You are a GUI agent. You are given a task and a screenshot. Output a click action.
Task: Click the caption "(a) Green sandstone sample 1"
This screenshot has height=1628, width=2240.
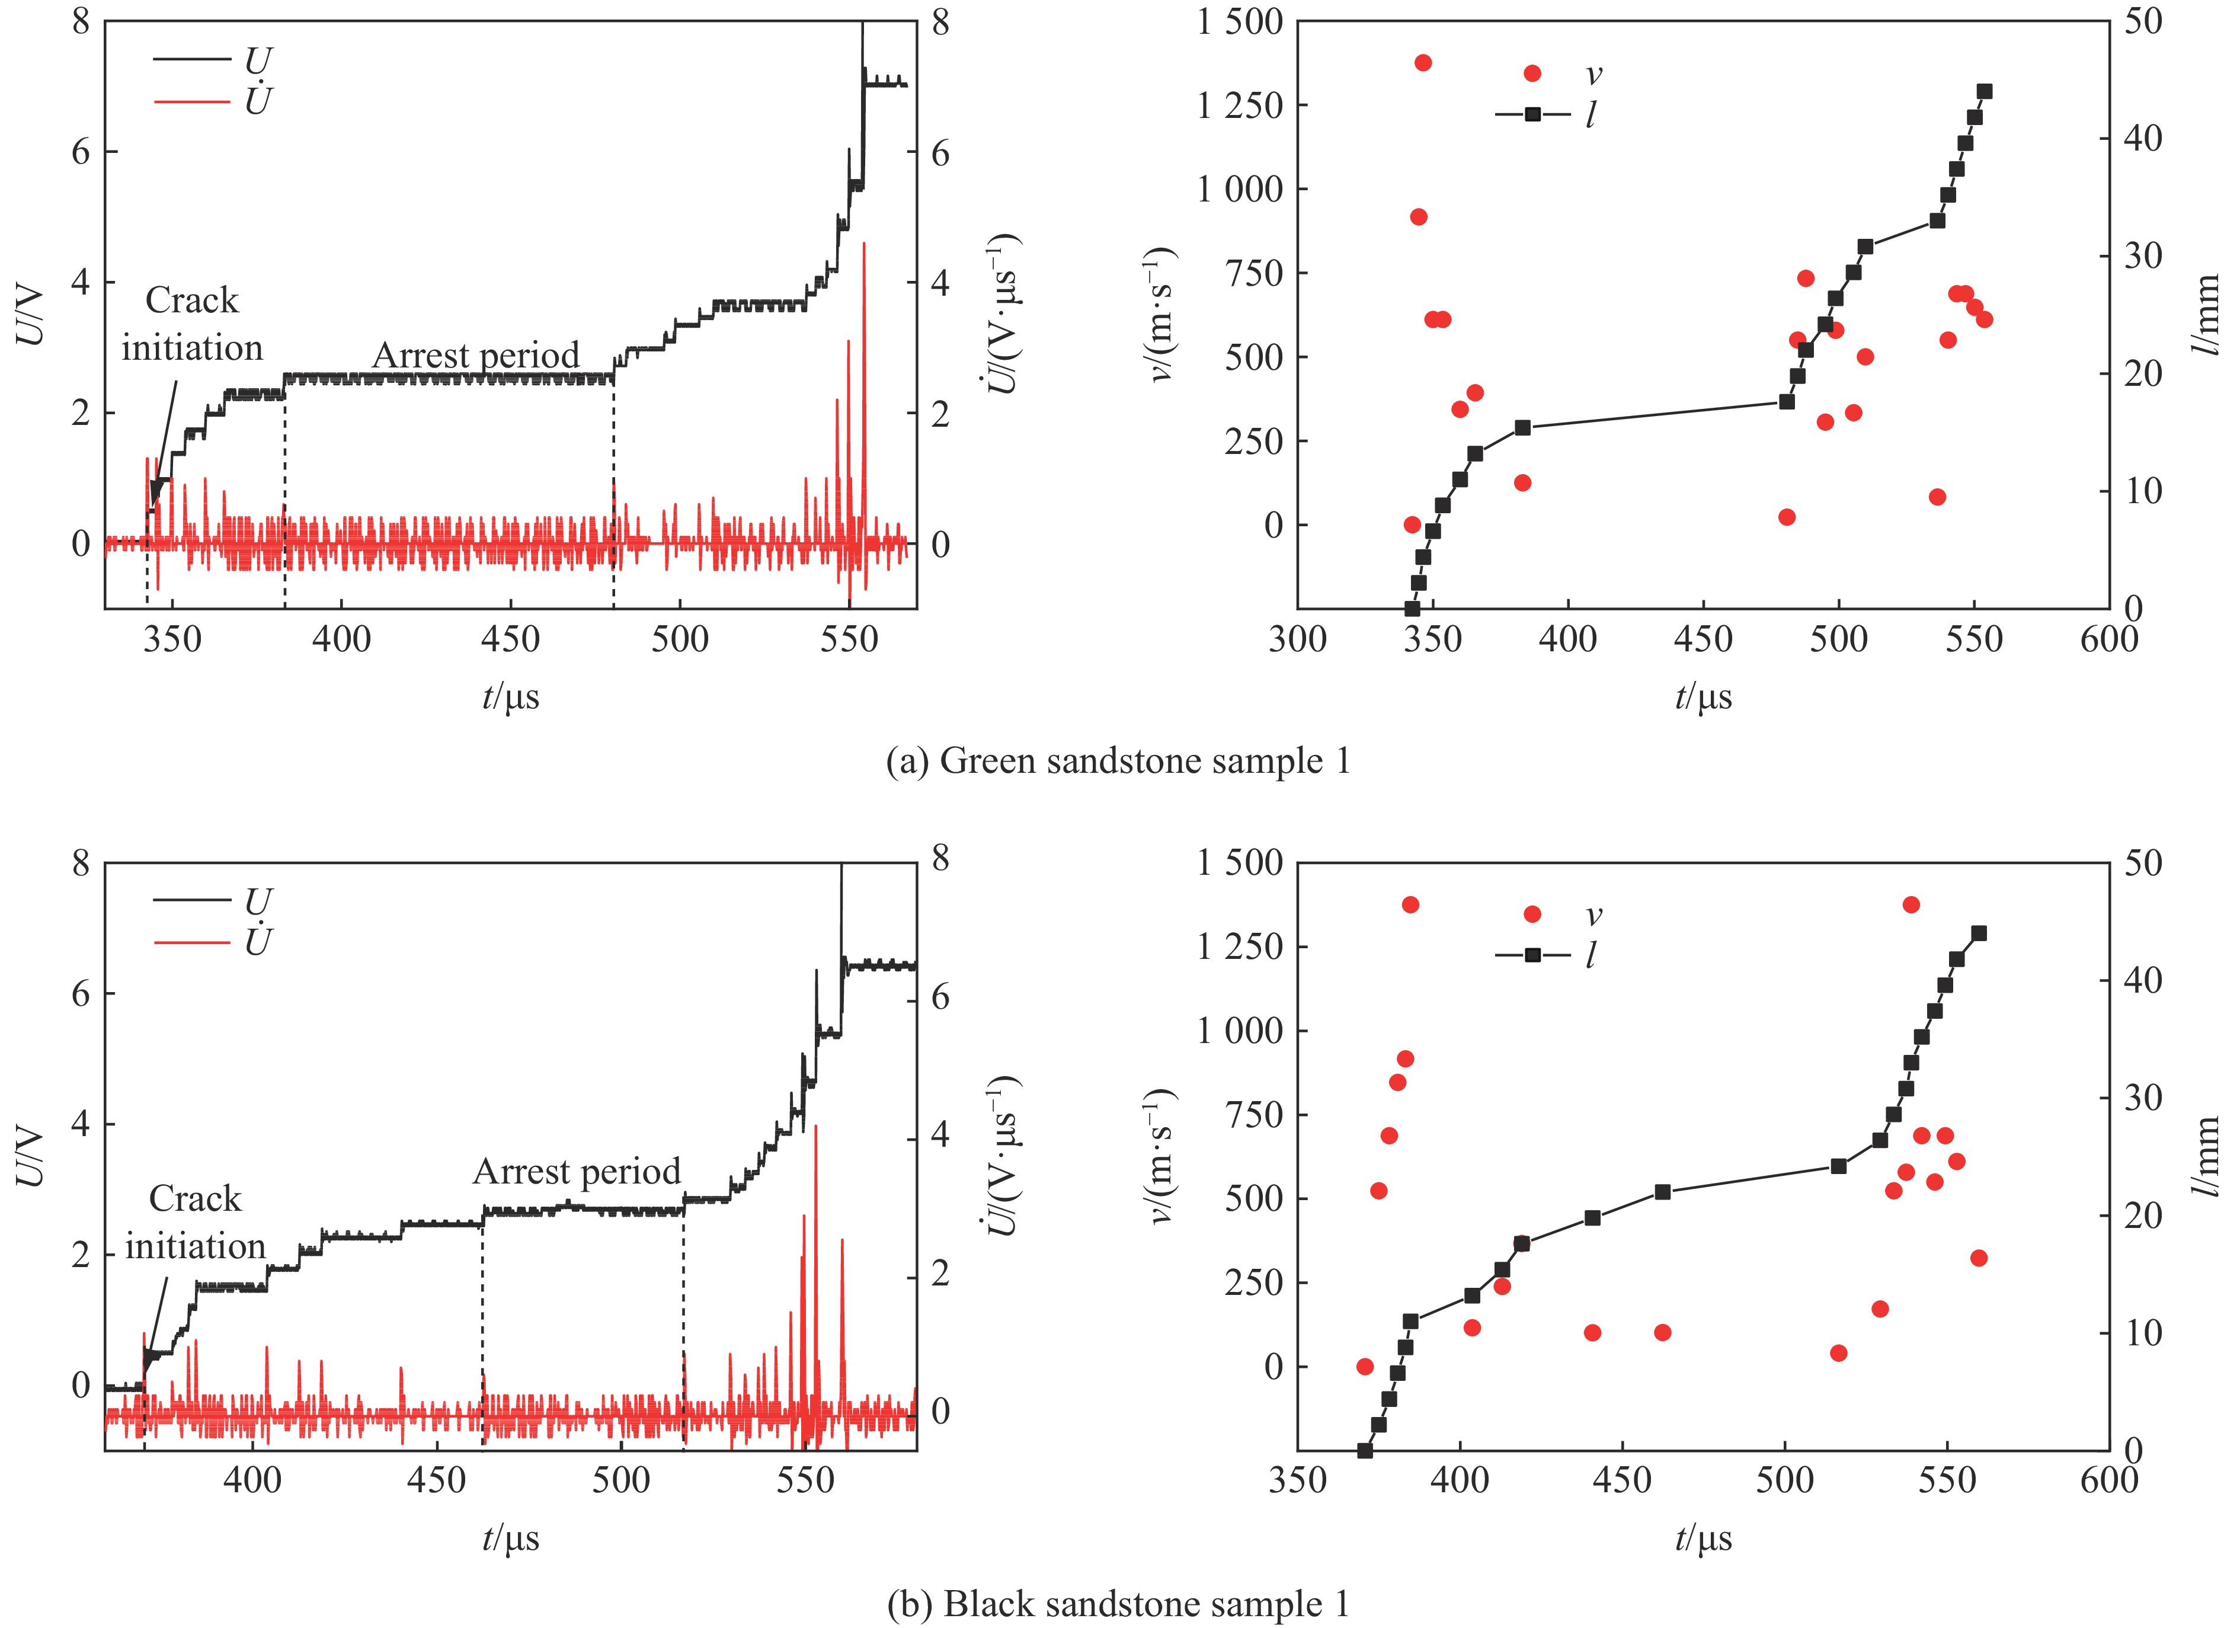1118,762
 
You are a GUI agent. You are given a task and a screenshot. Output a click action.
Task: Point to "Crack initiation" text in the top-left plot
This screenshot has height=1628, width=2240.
193,324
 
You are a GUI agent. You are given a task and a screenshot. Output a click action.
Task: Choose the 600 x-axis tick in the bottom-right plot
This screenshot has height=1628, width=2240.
2110,1481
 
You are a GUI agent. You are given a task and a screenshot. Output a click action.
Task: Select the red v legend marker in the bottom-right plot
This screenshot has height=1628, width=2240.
1533,914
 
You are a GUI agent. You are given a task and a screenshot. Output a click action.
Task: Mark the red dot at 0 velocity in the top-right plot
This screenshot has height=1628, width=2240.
1412,524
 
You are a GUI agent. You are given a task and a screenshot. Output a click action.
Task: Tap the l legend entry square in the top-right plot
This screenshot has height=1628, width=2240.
1533,114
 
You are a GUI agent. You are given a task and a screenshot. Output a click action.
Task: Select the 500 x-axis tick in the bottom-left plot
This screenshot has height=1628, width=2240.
621,1481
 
